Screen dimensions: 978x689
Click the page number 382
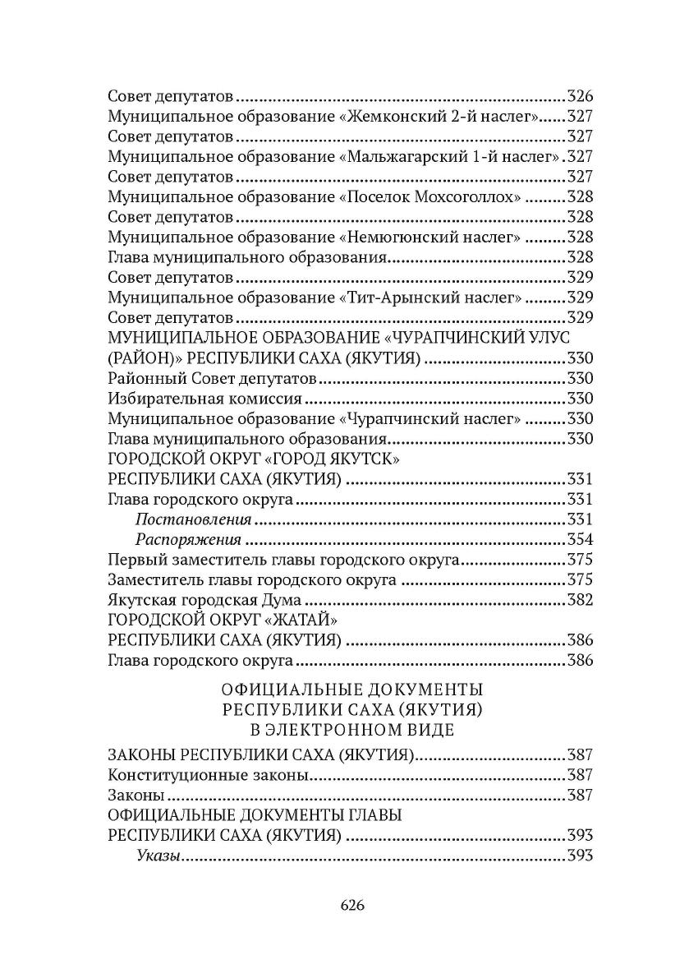coord(580,600)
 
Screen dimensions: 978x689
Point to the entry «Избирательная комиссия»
coord(204,399)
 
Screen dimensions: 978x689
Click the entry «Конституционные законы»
coord(209,775)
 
